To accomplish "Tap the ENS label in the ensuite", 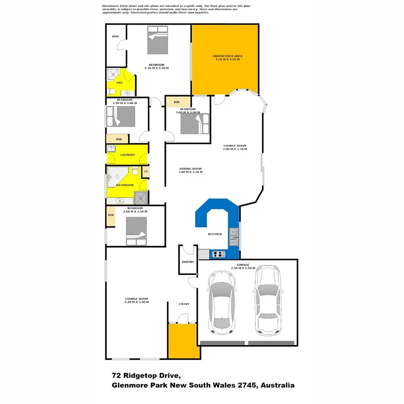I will point(119,83).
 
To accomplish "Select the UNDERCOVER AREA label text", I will point(226,56).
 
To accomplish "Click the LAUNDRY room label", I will point(127,155).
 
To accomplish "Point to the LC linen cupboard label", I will point(146,171).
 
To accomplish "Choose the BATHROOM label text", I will point(125,185).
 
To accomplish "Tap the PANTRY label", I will point(188,261).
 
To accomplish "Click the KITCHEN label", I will point(215,234).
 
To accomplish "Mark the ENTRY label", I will point(184,304).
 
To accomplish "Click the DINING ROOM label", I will point(190,168).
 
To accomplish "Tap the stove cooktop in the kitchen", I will point(218,255).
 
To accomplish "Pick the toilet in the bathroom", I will point(135,172).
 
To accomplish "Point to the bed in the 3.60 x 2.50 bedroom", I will point(136,231).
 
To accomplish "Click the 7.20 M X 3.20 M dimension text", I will point(136,302).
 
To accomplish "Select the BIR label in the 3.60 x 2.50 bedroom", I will point(111,215).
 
